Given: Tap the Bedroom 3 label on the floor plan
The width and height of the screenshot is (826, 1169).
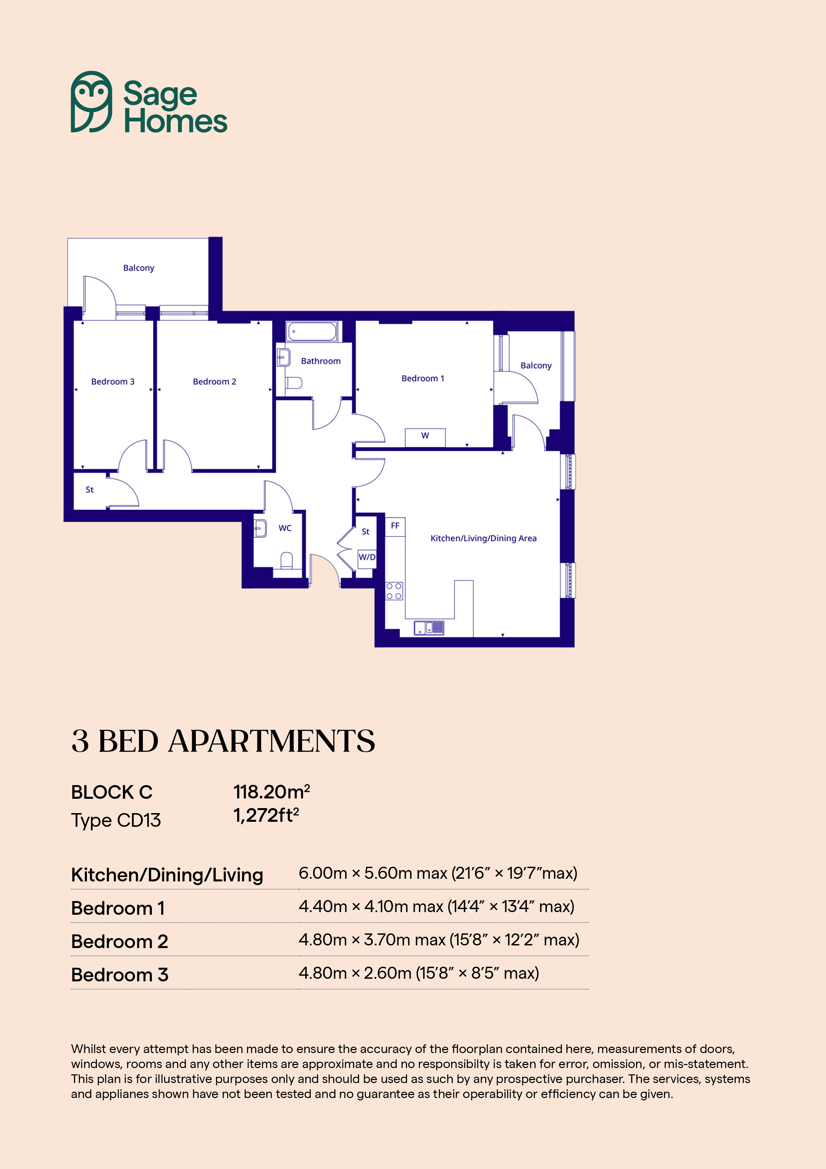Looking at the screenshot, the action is pos(113,381).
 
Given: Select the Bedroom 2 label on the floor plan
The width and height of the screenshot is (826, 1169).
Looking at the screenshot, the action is pos(214,381).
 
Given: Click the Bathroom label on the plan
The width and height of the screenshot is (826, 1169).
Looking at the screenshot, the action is pos(321,361).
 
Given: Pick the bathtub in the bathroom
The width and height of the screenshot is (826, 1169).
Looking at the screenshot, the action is pos(311,332).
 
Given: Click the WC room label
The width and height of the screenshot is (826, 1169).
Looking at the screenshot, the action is pos(285,528).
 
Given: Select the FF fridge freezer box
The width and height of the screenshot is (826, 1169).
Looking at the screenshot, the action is pos(395,527).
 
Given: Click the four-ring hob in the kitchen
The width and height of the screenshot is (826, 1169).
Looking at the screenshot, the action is pos(394,591).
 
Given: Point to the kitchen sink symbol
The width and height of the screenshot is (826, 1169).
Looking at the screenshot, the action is pos(429,628).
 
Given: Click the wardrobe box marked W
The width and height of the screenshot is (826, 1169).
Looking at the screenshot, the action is pos(425,437).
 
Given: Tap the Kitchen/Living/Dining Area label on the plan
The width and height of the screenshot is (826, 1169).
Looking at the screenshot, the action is pos(484,538).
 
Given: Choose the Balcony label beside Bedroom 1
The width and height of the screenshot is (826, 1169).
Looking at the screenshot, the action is pos(536,366).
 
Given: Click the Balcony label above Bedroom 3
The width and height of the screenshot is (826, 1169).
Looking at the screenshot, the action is pos(139,268).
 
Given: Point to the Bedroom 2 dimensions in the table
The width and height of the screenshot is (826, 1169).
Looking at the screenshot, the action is pos(439,940).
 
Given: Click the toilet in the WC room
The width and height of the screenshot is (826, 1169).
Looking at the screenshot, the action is pos(286,561).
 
